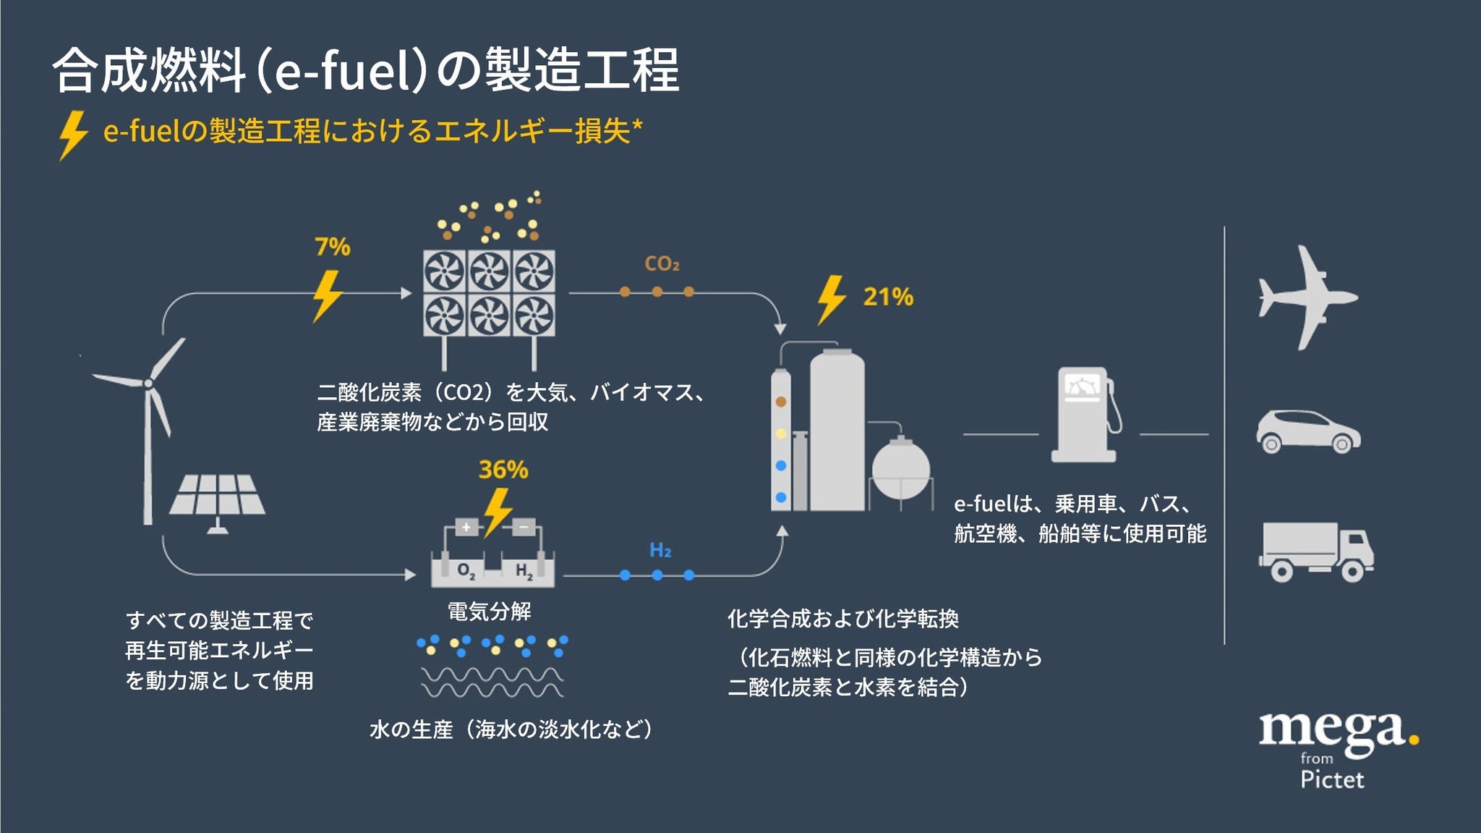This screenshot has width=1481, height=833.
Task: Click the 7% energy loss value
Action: pos(333,247)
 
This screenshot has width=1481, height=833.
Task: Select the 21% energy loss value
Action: pos(888,297)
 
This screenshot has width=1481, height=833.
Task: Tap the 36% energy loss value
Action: pos(503,470)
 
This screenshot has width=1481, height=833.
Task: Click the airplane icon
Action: pos(1307,297)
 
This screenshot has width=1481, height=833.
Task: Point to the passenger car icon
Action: pos(1308,432)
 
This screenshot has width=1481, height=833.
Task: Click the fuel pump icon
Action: pos(1085,415)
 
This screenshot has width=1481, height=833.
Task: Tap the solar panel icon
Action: pos(217,496)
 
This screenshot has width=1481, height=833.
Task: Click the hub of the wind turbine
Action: pos(148,383)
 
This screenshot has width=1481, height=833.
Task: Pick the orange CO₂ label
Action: pos(662,264)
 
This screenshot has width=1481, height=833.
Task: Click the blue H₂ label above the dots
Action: pos(660,551)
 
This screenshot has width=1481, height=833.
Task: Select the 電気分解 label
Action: pos(490,612)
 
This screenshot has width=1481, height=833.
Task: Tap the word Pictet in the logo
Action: pos(1332,779)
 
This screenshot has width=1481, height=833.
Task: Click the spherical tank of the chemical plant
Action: pos(900,470)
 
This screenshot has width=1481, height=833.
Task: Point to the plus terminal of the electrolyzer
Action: pos(466,528)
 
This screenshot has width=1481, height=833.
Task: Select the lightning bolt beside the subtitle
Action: pos(73,135)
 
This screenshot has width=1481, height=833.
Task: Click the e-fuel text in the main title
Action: pos(339,72)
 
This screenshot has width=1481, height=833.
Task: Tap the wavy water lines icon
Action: pos(492,682)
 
